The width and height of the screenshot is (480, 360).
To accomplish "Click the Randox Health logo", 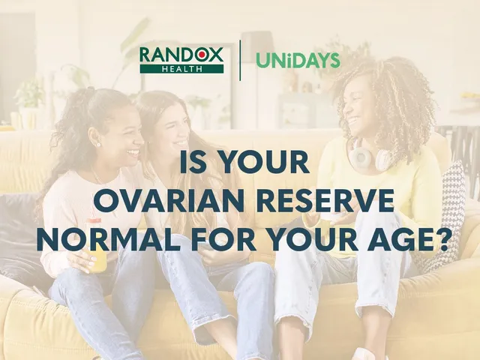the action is click(x=181, y=60).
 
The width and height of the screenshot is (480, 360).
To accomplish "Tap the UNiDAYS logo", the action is click(x=298, y=60).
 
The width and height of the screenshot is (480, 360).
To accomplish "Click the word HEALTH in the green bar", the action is click(x=181, y=69).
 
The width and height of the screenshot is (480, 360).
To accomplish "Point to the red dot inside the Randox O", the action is click(x=202, y=55).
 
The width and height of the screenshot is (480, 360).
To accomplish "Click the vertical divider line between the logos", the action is click(x=240, y=60).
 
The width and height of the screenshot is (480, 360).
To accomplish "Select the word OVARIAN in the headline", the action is click(x=169, y=200).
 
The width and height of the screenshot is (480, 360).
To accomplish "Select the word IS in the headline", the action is click(x=191, y=162).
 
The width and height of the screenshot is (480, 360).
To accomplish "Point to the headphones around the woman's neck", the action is click(x=369, y=156).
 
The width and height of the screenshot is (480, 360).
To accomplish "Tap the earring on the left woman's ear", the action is click(x=99, y=144).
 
